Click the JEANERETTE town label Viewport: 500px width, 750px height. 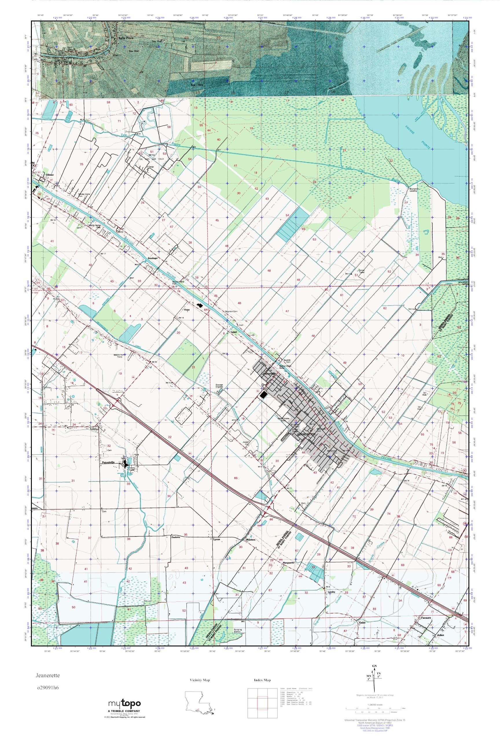tap(306, 435)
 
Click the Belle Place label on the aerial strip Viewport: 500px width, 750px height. tap(126, 38)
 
